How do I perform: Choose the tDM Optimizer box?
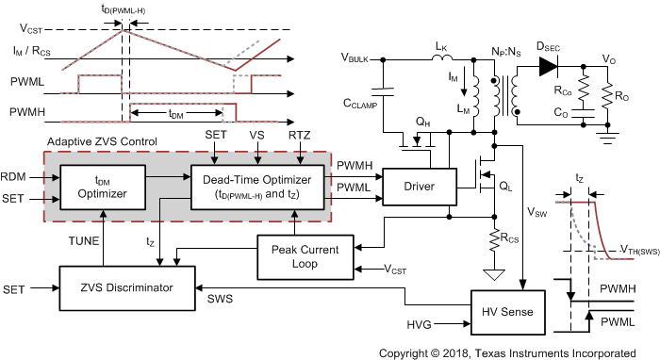coord(103,187)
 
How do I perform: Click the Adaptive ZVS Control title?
coord(100,141)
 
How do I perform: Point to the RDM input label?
coord(14,175)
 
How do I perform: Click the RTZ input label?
coord(301,136)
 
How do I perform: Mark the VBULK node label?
coord(358,58)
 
